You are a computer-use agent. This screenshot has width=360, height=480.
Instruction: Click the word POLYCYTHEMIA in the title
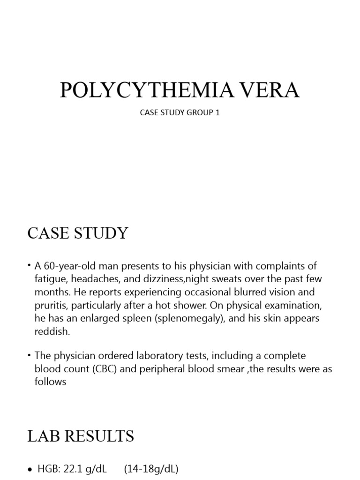142,90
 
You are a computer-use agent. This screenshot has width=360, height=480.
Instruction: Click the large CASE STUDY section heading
77,233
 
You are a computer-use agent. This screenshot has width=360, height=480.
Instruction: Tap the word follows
51,382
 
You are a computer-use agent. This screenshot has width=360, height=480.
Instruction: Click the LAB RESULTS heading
81,436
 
